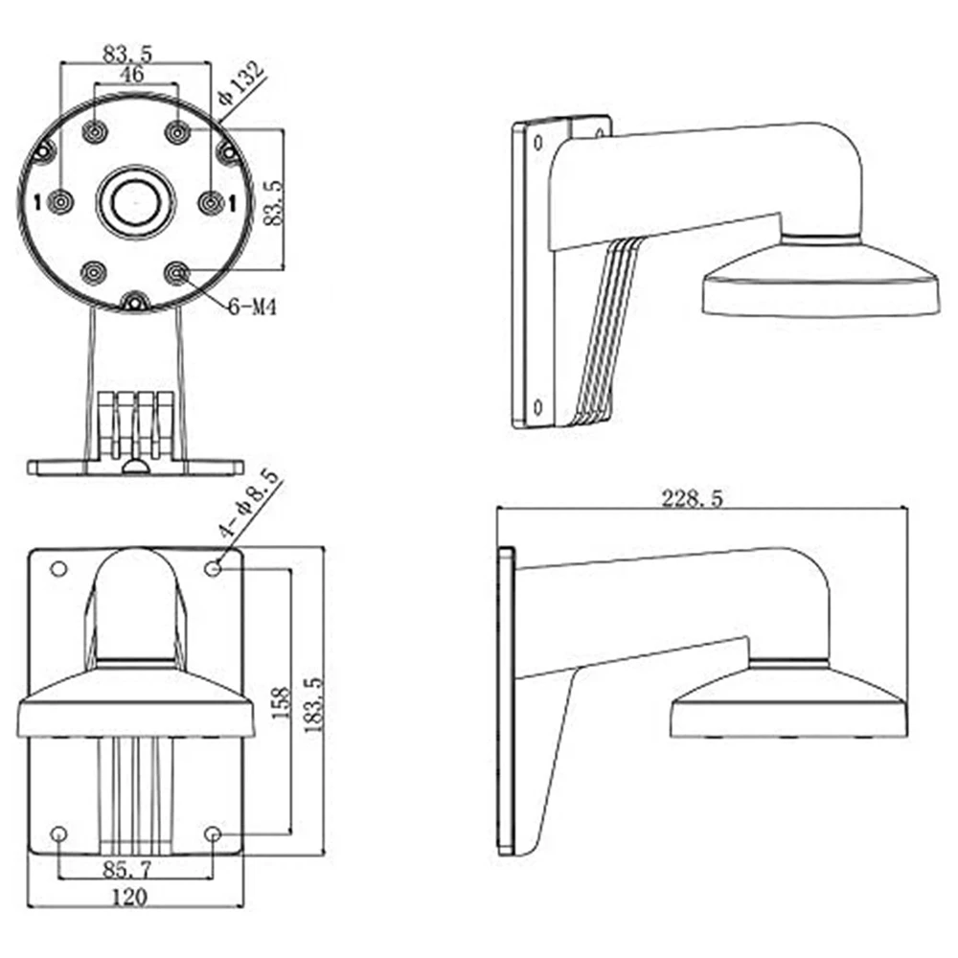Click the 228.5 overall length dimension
click(700, 498)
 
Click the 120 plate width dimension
click(128, 898)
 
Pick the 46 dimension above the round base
click(132, 74)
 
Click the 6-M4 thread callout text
click(252, 308)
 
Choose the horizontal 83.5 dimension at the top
click(134, 52)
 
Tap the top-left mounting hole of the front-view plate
click(58, 569)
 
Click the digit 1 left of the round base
click(36, 201)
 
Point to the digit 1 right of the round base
click(231, 201)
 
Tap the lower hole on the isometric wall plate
click(538, 407)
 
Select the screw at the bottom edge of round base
click(134, 303)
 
